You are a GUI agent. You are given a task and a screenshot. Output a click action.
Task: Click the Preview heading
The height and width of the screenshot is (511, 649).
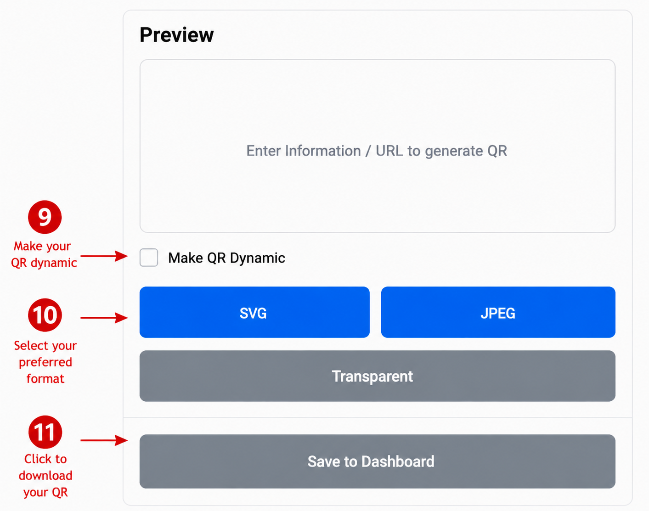pyautogui.click(x=176, y=35)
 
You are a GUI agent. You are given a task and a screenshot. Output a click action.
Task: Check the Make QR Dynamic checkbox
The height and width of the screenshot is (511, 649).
pyautogui.click(x=149, y=258)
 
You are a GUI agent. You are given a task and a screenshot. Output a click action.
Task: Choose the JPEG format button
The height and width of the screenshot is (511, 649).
pyautogui.click(x=498, y=312)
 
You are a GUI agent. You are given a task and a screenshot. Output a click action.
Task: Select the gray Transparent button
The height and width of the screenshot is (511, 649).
pyautogui.click(x=377, y=376)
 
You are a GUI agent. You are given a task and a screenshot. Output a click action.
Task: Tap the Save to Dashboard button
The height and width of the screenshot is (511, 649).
pyautogui.click(x=377, y=461)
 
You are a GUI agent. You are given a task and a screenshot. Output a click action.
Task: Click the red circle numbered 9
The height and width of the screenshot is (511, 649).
pyautogui.click(x=45, y=217)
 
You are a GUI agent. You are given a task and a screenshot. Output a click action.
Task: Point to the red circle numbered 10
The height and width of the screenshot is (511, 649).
pyautogui.click(x=45, y=315)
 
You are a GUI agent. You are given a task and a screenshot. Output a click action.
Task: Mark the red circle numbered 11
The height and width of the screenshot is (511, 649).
pyautogui.click(x=45, y=432)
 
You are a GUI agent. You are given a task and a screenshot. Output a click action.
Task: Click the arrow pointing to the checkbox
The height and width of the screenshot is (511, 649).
pyautogui.click(x=104, y=256)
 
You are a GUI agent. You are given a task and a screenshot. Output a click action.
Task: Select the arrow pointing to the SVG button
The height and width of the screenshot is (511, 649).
pyautogui.click(x=104, y=318)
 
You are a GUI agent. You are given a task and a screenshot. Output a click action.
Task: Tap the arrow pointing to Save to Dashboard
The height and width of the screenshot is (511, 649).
pyautogui.click(x=104, y=440)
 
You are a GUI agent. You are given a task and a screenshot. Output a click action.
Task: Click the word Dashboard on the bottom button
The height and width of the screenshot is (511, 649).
pyautogui.click(x=398, y=461)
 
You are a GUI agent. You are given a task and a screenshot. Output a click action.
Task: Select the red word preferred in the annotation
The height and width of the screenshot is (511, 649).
pyautogui.click(x=45, y=363)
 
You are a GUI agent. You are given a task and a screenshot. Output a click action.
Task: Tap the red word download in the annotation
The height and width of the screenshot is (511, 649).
pyautogui.click(x=45, y=476)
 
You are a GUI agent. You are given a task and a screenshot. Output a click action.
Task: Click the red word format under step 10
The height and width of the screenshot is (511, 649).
pyautogui.click(x=45, y=379)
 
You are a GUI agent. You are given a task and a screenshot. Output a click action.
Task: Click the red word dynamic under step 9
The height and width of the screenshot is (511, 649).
pyautogui.click(x=54, y=263)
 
